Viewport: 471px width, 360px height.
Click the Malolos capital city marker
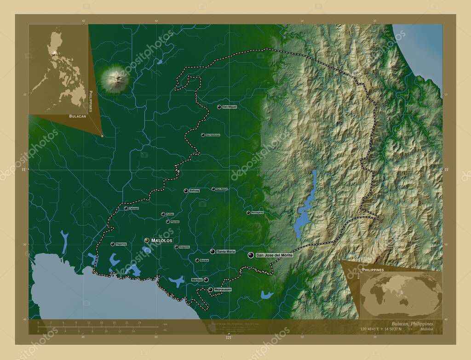point(147,240)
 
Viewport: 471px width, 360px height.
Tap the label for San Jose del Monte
point(274,255)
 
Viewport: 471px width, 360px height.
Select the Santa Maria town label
point(226,251)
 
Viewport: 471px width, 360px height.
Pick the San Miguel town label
point(230,107)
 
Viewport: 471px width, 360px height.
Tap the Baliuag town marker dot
point(186,190)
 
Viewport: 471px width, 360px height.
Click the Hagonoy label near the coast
point(121,244)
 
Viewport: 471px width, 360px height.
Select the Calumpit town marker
point(126,208)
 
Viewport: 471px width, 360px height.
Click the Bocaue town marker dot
point(197,260)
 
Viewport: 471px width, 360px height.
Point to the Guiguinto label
point(184,247)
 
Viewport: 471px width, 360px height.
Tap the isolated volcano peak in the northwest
point(114,79)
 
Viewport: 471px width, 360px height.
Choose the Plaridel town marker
point(168,222)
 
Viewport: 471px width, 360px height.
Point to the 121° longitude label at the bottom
point(228,338)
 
